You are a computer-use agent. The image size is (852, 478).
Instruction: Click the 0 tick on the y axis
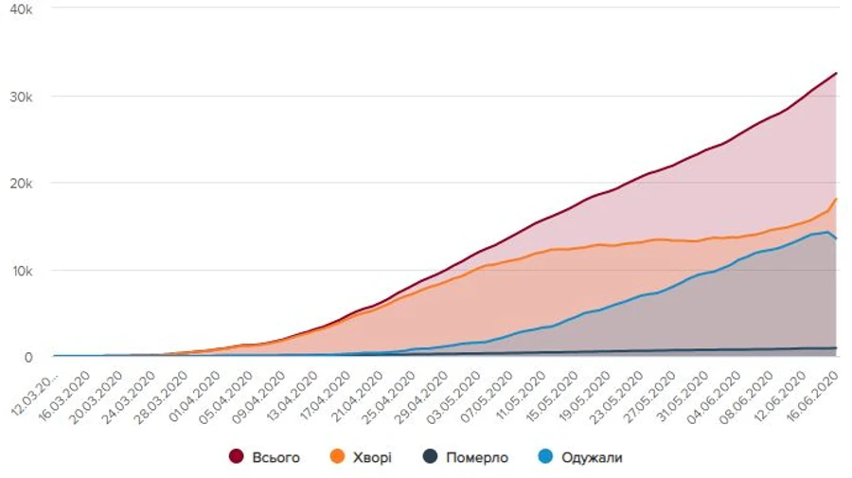[x=28, y=357]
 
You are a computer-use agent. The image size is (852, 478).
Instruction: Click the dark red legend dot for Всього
[x=237, y=457]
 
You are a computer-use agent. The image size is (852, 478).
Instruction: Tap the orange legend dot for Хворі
[x=336, y=457]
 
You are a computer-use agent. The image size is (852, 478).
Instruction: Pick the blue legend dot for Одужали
[x=546, y=457]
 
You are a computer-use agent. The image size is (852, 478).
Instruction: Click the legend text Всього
[x=276, y=458]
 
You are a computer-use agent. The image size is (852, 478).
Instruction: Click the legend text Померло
[x=477, y=458]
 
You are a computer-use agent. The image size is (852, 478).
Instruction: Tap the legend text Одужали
[x=593, y=458]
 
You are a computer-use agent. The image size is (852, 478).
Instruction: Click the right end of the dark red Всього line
[x=837, y=73]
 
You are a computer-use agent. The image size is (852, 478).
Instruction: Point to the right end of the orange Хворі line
[x=837, y=199]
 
